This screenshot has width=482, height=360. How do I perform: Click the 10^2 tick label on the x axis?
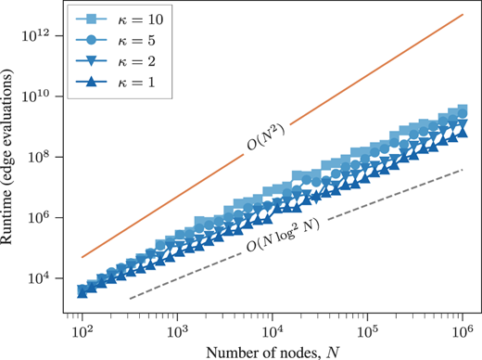click(82, 328)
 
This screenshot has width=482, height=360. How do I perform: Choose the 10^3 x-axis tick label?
click(177, 328)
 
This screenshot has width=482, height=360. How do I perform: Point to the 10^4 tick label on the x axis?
click(273, 328)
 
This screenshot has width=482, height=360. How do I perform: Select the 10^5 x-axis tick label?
click(367, 328)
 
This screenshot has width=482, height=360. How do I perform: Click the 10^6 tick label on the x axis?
click(463, 328)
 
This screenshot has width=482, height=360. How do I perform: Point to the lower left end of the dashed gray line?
click(130, 298)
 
